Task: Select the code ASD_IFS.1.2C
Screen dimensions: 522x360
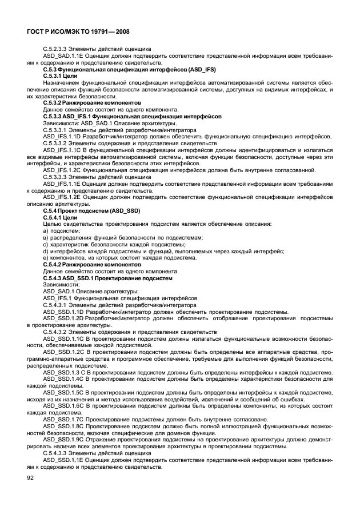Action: tap(62, 170)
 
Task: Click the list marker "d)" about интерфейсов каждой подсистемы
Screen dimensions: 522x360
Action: tap(46, 251)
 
